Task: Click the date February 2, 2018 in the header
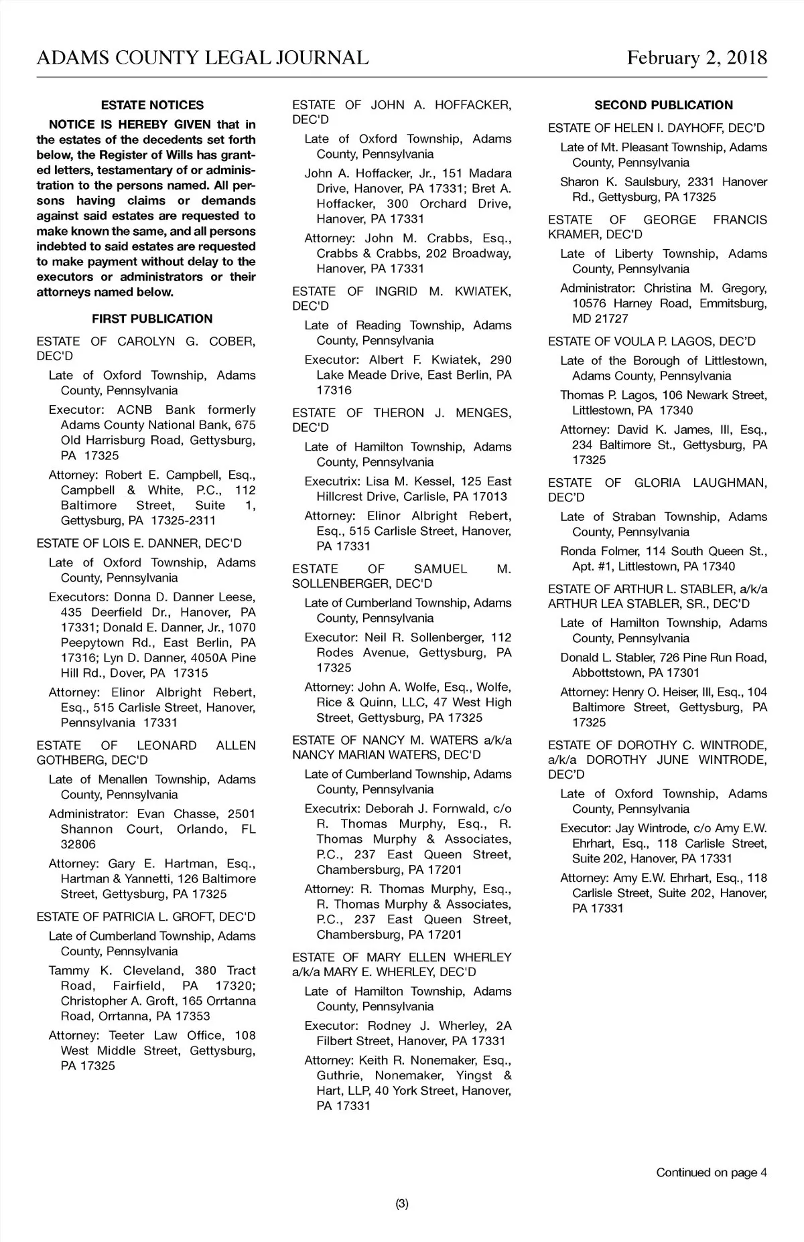697,58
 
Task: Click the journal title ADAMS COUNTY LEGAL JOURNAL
202,58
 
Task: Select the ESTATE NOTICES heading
152,105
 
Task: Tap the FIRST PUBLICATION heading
152,319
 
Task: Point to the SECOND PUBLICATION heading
663,105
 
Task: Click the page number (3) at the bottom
402,1204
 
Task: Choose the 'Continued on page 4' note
711,1172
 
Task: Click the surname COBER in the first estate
232,341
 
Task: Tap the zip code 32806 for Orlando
78,844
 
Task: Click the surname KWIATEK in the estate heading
482,291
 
